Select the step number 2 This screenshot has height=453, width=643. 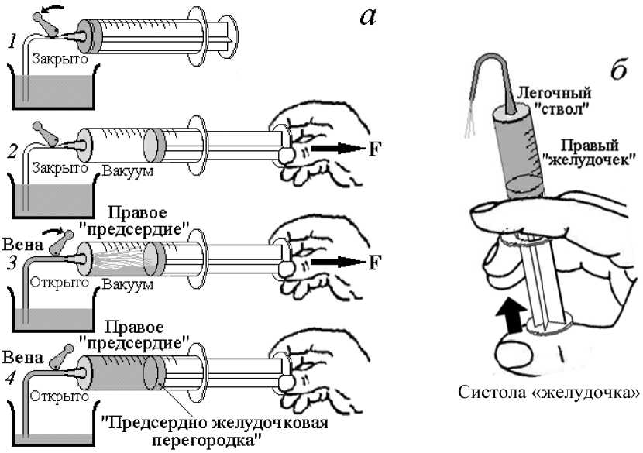(12, 152)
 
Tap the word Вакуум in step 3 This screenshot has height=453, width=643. (128, 284)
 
